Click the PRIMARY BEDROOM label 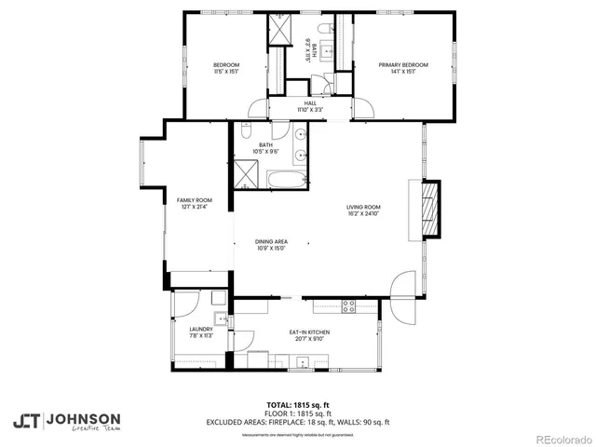pyautogui.click(x=403, y=64)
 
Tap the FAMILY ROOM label pyautogui.click(x=195, y=200)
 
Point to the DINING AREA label pyautogui.click(x=271, y=241)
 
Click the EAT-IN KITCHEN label pyautogui.click(x=309, y=332)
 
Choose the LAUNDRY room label pyautogui.click(x=201, y=329)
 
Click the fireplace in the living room pyautogui.click(x=429, y=210)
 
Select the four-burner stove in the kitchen pyautogui.click(x=349, y=305)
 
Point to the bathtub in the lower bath pyautogui.click(x=285, y=178)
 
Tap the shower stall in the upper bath pyautogui.click(x=280, y=30)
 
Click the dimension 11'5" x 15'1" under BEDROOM pyautogui.click(x=227, y=71)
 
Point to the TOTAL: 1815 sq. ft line pyautogui.click(x=298, y=405)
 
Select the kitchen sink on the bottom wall pyautogui.click(x=299, y=366)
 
